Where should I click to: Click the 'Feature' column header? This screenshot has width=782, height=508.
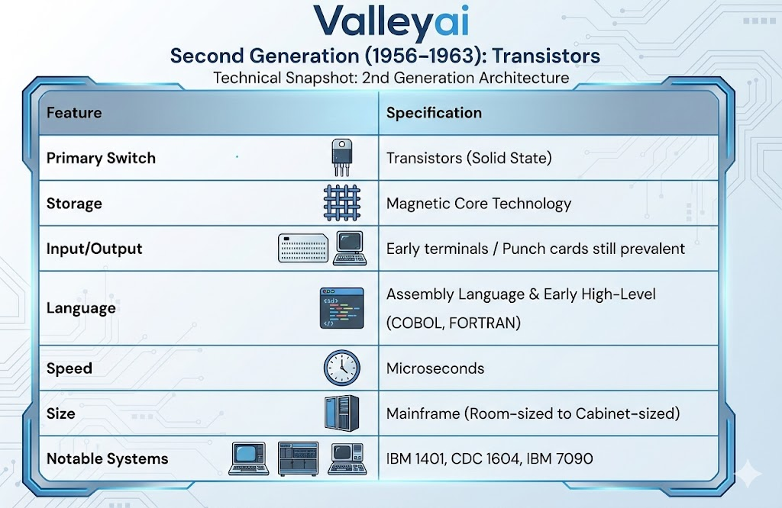[x=74, y=113]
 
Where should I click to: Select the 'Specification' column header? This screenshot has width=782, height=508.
[x=434, y=113]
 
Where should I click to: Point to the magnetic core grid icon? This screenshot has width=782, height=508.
[x=341, y=203]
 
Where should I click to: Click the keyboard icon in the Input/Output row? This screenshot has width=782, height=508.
[x=303, y=249]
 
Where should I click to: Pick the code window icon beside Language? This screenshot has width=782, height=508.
[x=337, y=308]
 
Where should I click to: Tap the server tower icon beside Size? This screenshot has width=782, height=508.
[x=341, y=413]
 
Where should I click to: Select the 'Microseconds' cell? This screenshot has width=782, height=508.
[x=435, y=368]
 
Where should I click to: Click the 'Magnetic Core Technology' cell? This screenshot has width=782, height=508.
[x=479, y=204]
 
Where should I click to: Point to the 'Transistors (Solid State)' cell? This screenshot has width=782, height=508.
[x=469, y=158]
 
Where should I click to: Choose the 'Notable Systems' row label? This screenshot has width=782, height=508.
[x=108, y=458]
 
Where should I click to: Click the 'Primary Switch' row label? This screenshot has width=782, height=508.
[x=101, y=158]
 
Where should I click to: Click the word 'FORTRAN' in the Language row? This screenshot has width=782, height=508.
[x=484, y=323]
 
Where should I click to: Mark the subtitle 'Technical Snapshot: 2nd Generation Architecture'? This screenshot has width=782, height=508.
[x=391, y=78]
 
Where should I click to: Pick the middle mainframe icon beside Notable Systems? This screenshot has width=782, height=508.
[x=298, y=458]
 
